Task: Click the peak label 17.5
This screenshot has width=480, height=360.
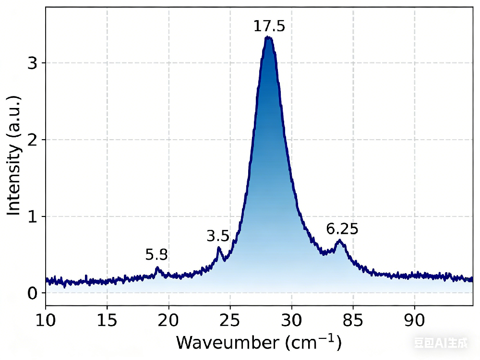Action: pos(269,26)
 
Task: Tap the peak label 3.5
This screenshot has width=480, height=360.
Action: pos(218,236)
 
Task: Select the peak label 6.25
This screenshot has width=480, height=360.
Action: pos(342,229)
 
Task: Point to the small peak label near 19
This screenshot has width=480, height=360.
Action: pos(156,255)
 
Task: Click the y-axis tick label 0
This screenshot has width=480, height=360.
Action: pos(33,293)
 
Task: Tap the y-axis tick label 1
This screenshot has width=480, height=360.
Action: pos(33,216)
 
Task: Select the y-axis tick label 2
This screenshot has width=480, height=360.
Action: pos(33,140)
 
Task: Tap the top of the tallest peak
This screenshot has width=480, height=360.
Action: pos(268,37)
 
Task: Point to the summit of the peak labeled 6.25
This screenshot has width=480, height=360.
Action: pos(339,240)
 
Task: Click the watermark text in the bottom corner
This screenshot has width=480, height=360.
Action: pos(441,343)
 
